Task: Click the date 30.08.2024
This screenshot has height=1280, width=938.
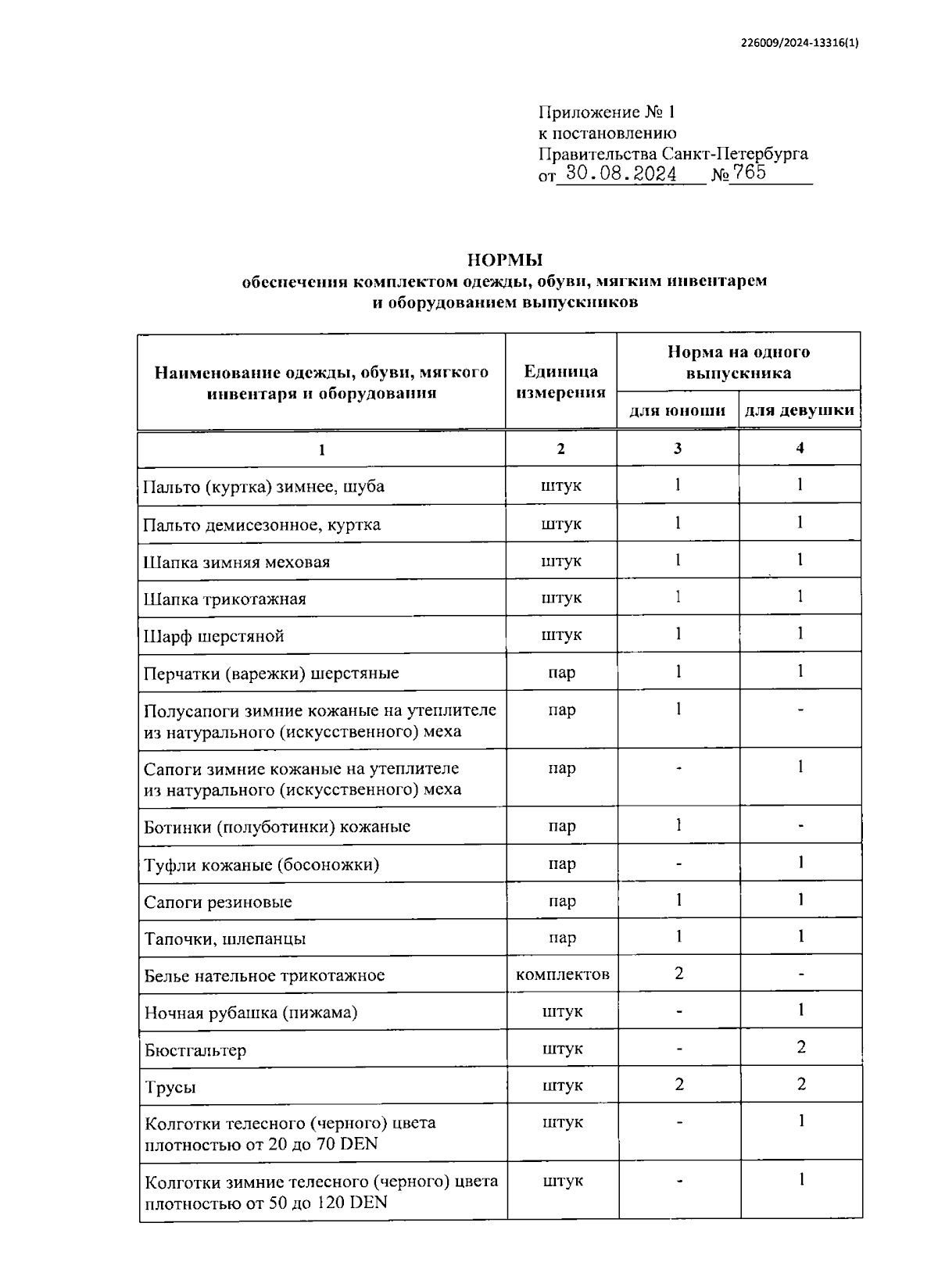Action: pyautogui.click(x=621, y=173)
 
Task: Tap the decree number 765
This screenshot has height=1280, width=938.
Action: pyautogui.click(x=750, y=173)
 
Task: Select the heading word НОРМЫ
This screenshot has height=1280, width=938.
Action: pyautogui.click(x=504, y=259)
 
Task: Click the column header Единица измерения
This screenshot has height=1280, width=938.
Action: pyautogui.click(x=560, y=381)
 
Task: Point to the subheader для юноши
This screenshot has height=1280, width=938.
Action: pyautogui.click(x=677, y=410)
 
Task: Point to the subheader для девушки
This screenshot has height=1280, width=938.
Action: pyautogui.click(x=799, y=410)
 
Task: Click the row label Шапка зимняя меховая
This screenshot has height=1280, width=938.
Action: pyautogui.click(x=237, y=562)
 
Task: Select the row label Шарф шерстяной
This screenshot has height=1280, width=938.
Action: pyautogui.click(x=213, y=636)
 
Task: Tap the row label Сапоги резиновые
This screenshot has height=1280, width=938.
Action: pyautogui.click(x=218, y=902)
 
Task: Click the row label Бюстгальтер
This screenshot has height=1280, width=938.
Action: pyautogui.click(x=195, y=1050)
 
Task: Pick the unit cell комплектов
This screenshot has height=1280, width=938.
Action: pyautogui.click(x=562, y=974)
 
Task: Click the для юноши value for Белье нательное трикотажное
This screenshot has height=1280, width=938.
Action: pyautogui.click(x=678, y=974)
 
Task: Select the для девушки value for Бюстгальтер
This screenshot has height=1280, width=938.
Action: pyautogui.click(x=800, y=1047)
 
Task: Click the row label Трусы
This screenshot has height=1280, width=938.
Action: pyautogui.click(x=170, y=1087)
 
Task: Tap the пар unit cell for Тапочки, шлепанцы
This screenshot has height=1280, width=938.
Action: pyautogui.click(x=562, y=938)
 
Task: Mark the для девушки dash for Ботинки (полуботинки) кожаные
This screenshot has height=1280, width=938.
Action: pyautogui.click(x=800, y=826)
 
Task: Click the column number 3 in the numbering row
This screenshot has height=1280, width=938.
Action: pyautogui.click(x=678, y=449)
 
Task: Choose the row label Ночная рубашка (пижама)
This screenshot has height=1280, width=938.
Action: pyautogui.click(x=251, y=1013)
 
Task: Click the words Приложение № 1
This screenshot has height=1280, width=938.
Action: pyautogui.click(x=606, y=113)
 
